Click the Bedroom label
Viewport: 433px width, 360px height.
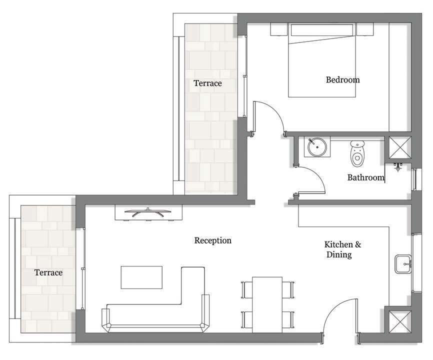pos(342,80)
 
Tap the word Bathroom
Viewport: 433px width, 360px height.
pos(365,177)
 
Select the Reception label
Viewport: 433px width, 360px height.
pos(212,240)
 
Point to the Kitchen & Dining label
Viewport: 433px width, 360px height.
pos(342,249)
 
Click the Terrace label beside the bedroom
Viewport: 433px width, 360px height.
pos(207,83)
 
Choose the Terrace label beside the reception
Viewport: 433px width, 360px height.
pos(48,272)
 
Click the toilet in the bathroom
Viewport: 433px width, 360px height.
pos(357,154)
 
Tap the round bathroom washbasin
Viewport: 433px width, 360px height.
pos(317,147)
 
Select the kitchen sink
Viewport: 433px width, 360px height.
pos(403,264)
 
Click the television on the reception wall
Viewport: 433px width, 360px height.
pos(147,212)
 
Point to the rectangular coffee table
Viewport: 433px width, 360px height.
pos(141,277)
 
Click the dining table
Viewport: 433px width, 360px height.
pos(267,305)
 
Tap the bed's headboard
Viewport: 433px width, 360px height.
pos(321,30)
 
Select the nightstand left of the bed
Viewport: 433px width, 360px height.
pos(278,29)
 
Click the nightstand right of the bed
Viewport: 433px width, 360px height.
pos(365,29)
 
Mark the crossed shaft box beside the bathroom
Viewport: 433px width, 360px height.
pos(400,147)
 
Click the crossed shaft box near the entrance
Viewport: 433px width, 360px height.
pos(400,322)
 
